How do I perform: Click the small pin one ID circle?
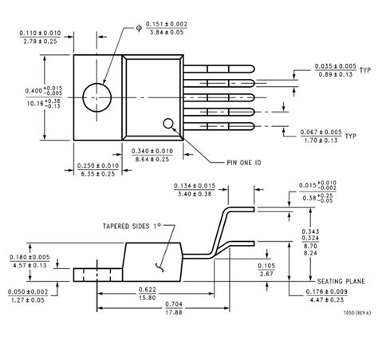[169, 124]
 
